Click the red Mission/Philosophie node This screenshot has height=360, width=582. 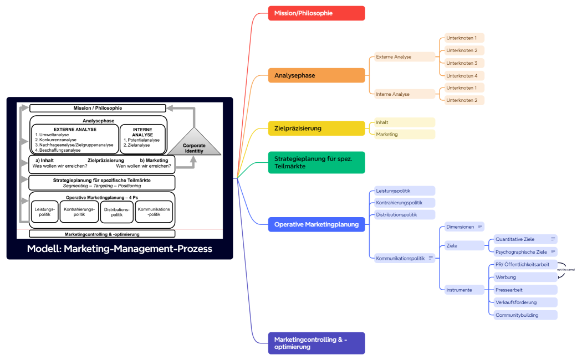pyautogui.click(x=316, y=13)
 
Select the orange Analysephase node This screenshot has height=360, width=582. pyautogui.click(x=316, y=75)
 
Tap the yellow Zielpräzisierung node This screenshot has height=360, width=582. pyautogui.click(x=316, y=128)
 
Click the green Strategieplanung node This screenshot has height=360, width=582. pyautogui.click(x=316, y=162)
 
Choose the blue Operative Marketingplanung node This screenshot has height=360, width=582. pyautogui.click(x=316, y=224)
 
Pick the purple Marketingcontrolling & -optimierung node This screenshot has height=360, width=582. pyautogui.click(x=316, y=343)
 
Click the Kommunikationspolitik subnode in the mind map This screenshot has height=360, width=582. pyautogui.click(x=400, y=258)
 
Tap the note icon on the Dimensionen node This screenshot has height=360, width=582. pyautogui.click(x=479, y=227)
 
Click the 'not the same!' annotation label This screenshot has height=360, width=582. pyautogui.click(x=566, y=270)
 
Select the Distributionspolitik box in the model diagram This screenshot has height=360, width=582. pyautogui.click(x=116, y=212)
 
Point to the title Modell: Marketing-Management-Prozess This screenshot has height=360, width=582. pyautogui.click(x=119, y=249)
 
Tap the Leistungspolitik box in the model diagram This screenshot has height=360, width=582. pyautogui.click(x=44, y=212)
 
